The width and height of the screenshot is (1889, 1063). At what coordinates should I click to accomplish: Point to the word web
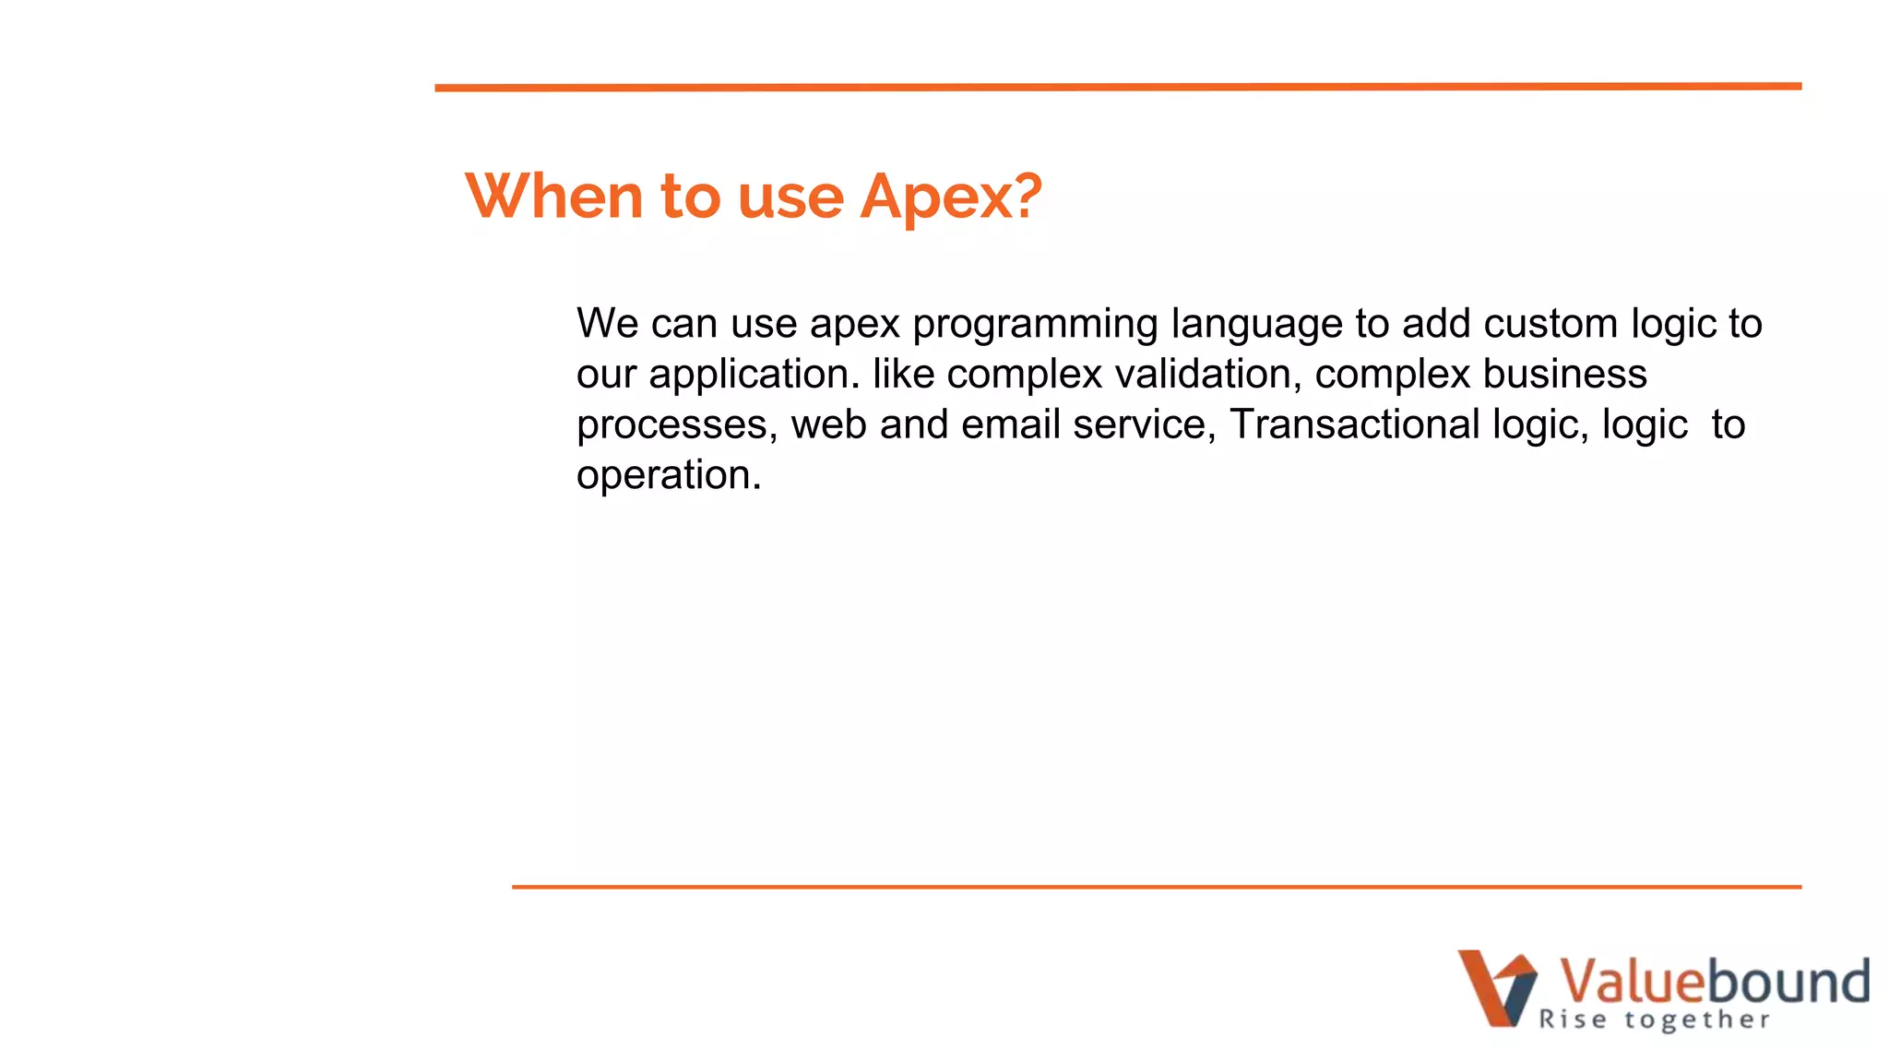(x=828, y=424)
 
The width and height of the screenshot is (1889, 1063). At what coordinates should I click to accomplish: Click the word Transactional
(x=1354, y=424)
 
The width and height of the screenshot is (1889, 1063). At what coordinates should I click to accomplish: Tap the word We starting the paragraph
(x=607, y=324)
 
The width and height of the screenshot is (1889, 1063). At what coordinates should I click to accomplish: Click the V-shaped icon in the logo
(x=1496, y=987)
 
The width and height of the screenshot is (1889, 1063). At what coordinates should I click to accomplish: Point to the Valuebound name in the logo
(x=1713, y=981)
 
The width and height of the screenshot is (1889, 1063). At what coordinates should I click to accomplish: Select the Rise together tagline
(x=1654, y=1020)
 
